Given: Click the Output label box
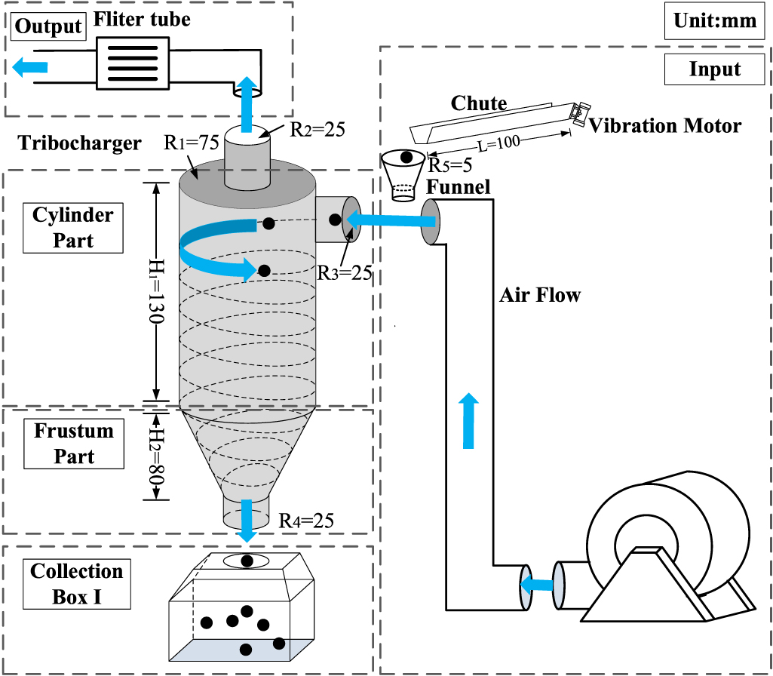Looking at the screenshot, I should coord(48,26).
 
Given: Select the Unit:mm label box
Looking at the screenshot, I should coord(710,20).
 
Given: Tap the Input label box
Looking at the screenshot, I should coord(714,69).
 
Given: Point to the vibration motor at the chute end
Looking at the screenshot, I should coord(578,113).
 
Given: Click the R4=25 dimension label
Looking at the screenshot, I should coord(306,520).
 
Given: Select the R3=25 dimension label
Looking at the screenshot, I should coord(345,272).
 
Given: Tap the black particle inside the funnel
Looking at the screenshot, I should coord(406,158).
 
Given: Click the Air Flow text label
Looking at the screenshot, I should coord(540,295).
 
